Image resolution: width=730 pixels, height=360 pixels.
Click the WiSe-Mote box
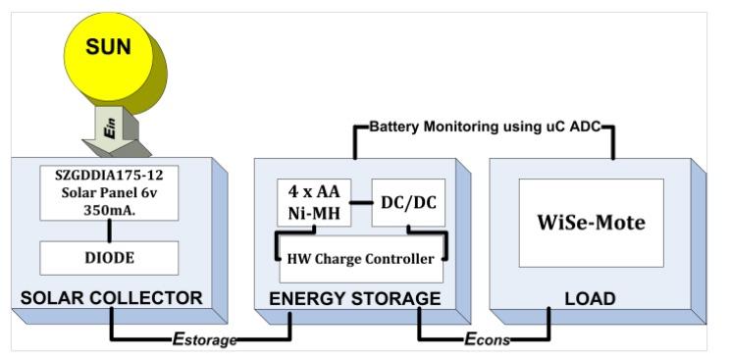(591, 223)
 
